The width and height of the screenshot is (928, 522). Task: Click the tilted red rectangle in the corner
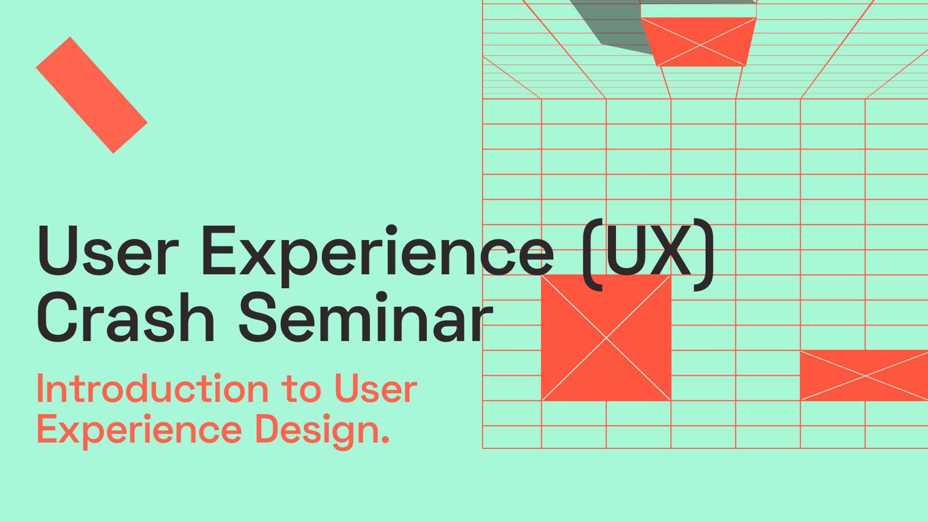[92, 95]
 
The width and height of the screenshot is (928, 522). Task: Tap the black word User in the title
[108, 251]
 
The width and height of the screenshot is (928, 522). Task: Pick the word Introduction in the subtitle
[153, 388]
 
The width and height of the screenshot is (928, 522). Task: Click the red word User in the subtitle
[375, 388]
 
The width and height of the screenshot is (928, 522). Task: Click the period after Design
[385, 440]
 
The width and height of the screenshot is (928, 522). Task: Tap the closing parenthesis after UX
[704, 255]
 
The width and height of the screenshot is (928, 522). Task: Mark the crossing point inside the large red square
[606, 338]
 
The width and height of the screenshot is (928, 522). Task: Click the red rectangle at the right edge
[864, 375]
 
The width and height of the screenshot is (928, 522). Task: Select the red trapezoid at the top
[699, 42]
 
